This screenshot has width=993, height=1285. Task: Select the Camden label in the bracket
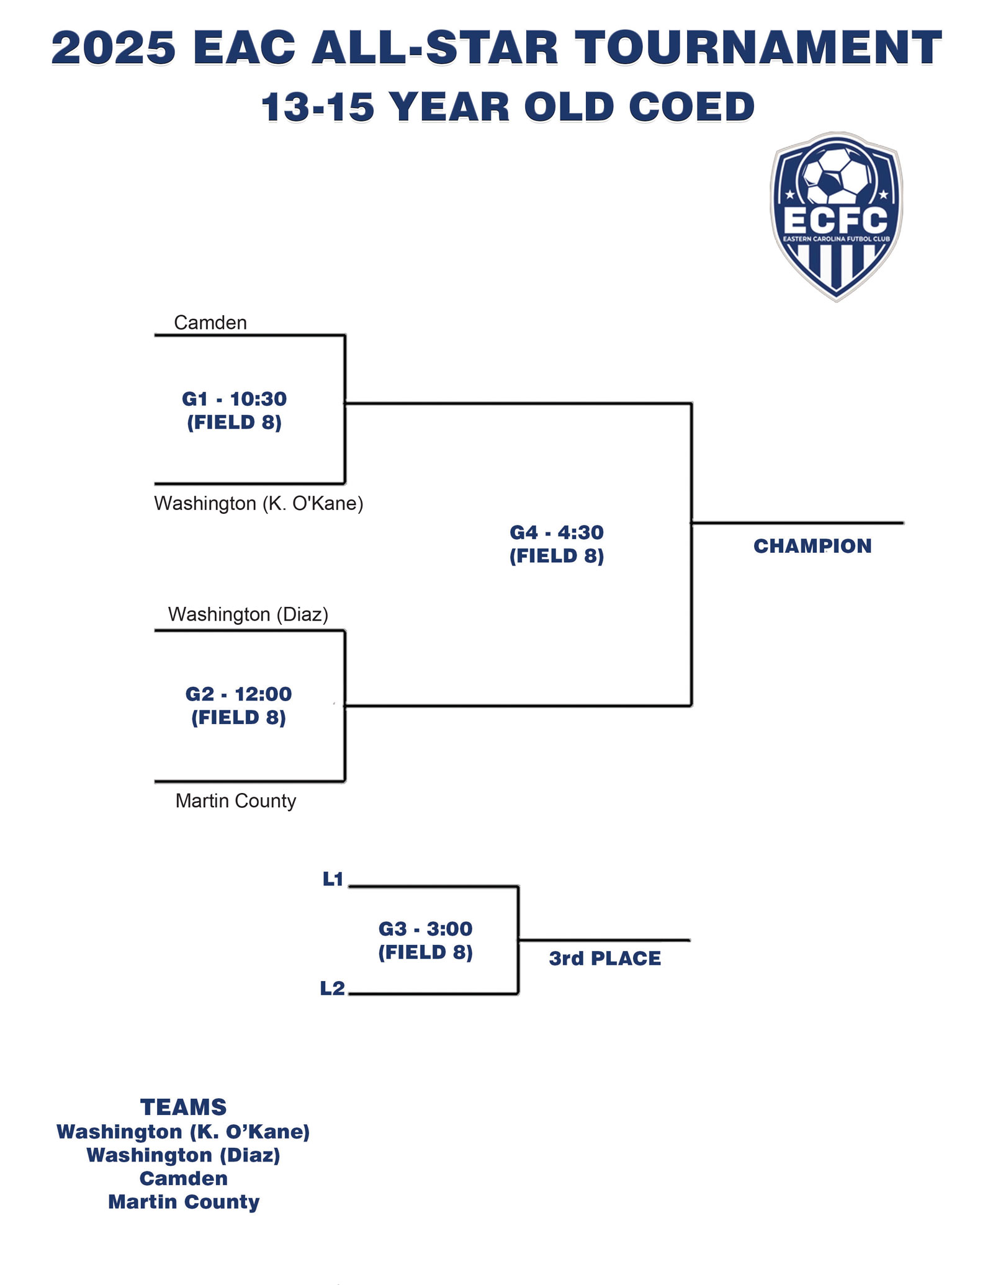click(210, 323)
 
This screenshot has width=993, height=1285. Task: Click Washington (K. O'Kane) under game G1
click(259, 503)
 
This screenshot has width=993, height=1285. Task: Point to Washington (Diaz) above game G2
click(248, 614)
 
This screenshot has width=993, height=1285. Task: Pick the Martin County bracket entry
click(236, 801)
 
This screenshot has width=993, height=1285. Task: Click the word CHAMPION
click(812, 546)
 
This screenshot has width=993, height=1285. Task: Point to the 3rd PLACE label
click(605, 959)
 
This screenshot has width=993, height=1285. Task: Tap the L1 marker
click(333, 879)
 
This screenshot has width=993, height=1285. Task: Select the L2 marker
click(333, 988)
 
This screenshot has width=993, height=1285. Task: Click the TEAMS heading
click(184, 1108)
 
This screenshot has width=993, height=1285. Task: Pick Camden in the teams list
click(184, 1178)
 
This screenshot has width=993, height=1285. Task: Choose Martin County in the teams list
click(184, 1202)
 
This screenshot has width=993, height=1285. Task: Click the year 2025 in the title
click(114, 48)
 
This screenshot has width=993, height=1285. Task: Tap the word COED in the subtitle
click(691, 107)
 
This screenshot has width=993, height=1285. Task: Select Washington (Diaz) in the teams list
click(184, 1155)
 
